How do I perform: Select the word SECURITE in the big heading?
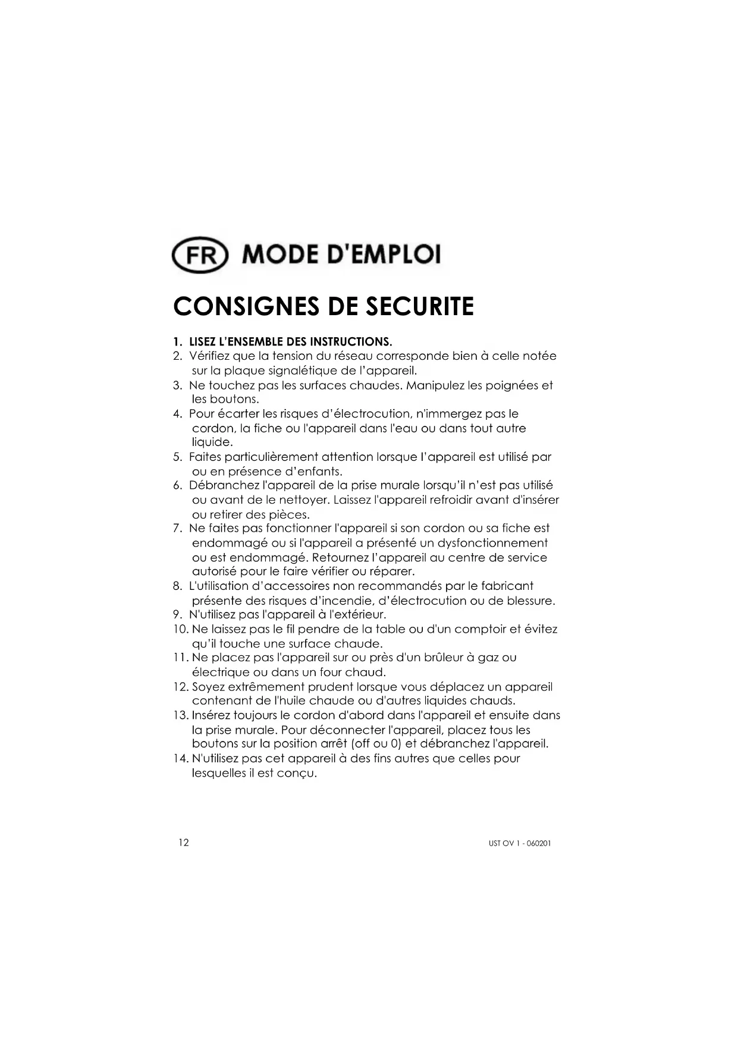[x=419, y=306]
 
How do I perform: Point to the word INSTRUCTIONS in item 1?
[x=356, y=342]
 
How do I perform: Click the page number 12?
[x=183, y=843]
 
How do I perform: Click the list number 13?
[x=180, y=715]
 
